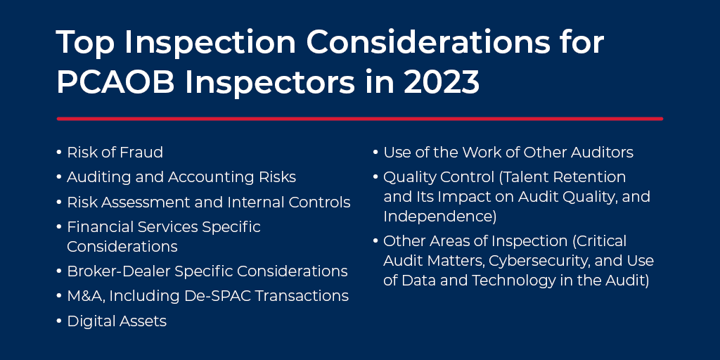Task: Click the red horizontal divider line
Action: click(x=359, y=119)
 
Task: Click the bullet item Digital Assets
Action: click(x=117, y=321)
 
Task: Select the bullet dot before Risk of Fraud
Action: click(x=59, y=153)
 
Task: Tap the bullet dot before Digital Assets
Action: click(x=59, y=322)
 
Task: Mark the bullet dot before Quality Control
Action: click(x=375, y=177)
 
